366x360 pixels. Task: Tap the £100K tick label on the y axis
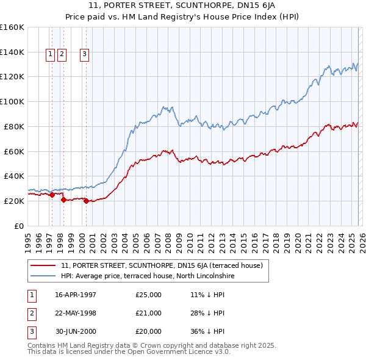(x=12, y=101)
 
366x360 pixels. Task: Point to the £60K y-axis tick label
(x=14, y=151)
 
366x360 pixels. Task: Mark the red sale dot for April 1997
(x=52, y=195)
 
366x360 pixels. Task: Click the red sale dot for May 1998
(x=64, y=200)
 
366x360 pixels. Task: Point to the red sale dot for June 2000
(x=86, y=201)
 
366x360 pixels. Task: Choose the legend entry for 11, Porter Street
(x=162, y=265)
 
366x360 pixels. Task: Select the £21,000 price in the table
(x=149, y=313)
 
